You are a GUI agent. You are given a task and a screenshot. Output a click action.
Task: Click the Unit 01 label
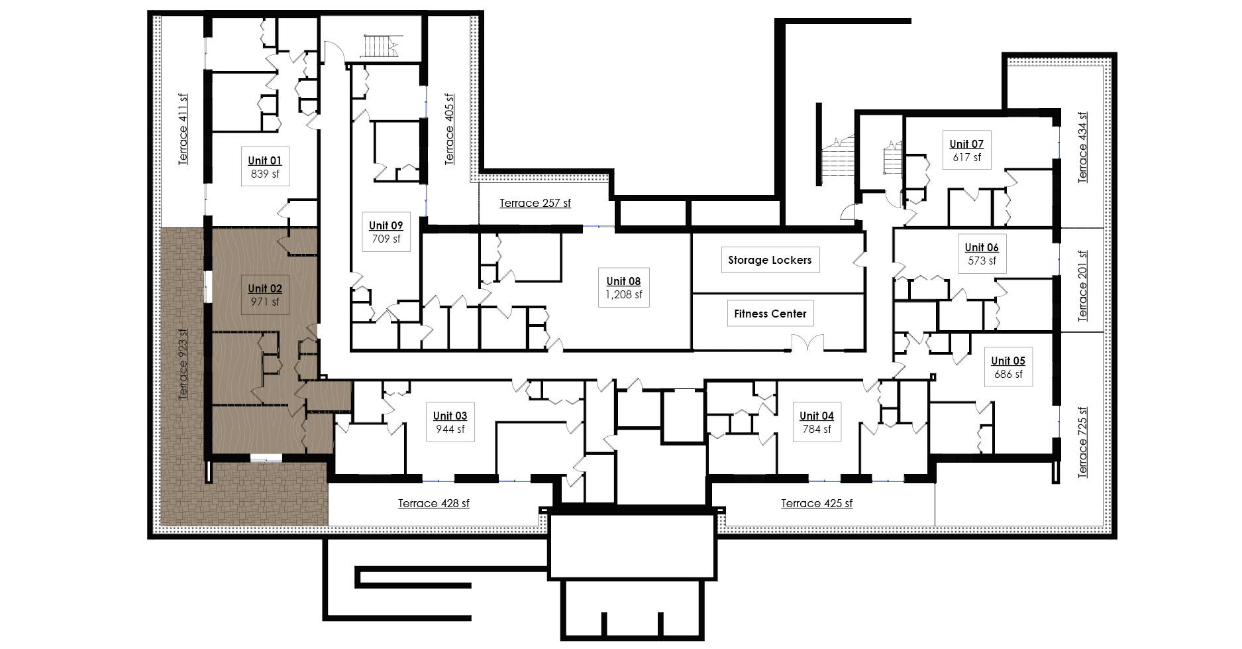tap(265, 160)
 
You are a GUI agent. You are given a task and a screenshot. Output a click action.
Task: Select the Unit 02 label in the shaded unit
tap(265, 288)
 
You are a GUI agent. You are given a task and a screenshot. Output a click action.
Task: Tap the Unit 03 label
tap(450, 416)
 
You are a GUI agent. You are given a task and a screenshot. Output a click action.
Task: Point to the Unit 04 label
tap(816, 416)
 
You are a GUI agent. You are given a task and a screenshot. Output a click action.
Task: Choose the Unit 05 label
tap(1008, 361)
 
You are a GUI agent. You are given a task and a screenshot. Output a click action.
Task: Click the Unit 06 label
tap(982, 247)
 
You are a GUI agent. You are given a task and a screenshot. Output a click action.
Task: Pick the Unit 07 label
tap(966, 144)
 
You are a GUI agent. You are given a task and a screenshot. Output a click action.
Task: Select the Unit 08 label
tap(623, 281)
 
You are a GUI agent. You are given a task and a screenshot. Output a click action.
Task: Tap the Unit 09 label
tap(386, 225)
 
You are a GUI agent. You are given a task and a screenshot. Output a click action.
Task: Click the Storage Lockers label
tap(770, 260)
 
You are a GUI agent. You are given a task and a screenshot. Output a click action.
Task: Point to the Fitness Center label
tap(770, 314)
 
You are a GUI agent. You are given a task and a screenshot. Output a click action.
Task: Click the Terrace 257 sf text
tap(535, 203)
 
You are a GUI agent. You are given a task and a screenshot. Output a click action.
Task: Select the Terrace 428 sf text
tap(433, 503)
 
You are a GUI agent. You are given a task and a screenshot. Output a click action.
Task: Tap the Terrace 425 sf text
tap(817, 503)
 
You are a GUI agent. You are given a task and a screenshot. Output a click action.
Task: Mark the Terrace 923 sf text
tap(183, 364)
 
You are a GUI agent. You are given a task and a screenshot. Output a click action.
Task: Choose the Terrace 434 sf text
tap(1082, 147)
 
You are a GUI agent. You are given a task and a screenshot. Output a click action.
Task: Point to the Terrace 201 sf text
tap(1082, 286)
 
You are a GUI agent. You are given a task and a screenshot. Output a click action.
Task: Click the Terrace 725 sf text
tap(1082, 442)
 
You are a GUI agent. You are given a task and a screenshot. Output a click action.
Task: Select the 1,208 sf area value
tap(623, 294)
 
